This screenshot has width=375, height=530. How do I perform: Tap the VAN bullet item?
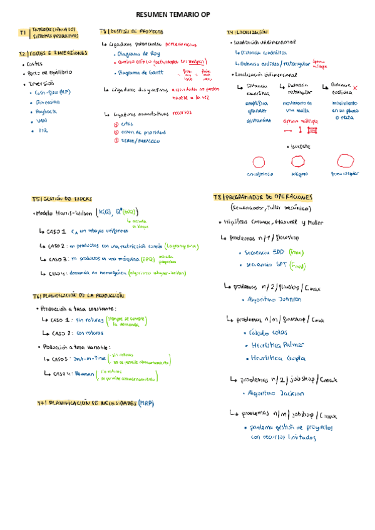tap(42, 121)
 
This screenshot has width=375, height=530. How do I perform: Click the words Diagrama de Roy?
tap(138, 54)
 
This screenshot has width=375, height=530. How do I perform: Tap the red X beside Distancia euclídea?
tap(356, 88)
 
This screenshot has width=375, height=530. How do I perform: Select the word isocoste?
tap(300, 146)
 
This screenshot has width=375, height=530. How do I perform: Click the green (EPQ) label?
tap(148, 259)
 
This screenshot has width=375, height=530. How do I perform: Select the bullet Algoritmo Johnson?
tap(276, 300)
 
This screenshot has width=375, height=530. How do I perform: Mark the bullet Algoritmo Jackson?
tap(276, 394)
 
